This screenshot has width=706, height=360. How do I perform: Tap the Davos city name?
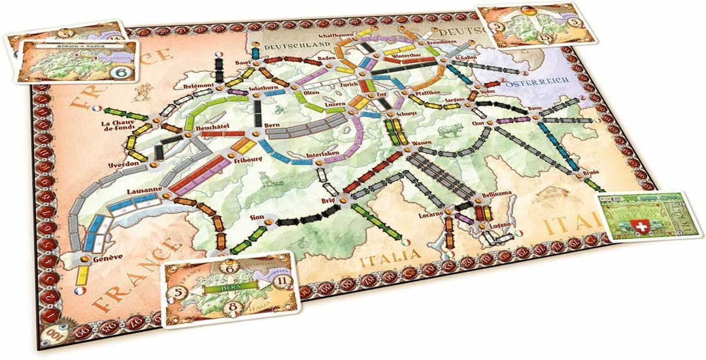pyautogui.click(x=537, y=109)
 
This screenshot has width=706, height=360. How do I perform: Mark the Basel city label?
pyautogui.click(x=244, y=63)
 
